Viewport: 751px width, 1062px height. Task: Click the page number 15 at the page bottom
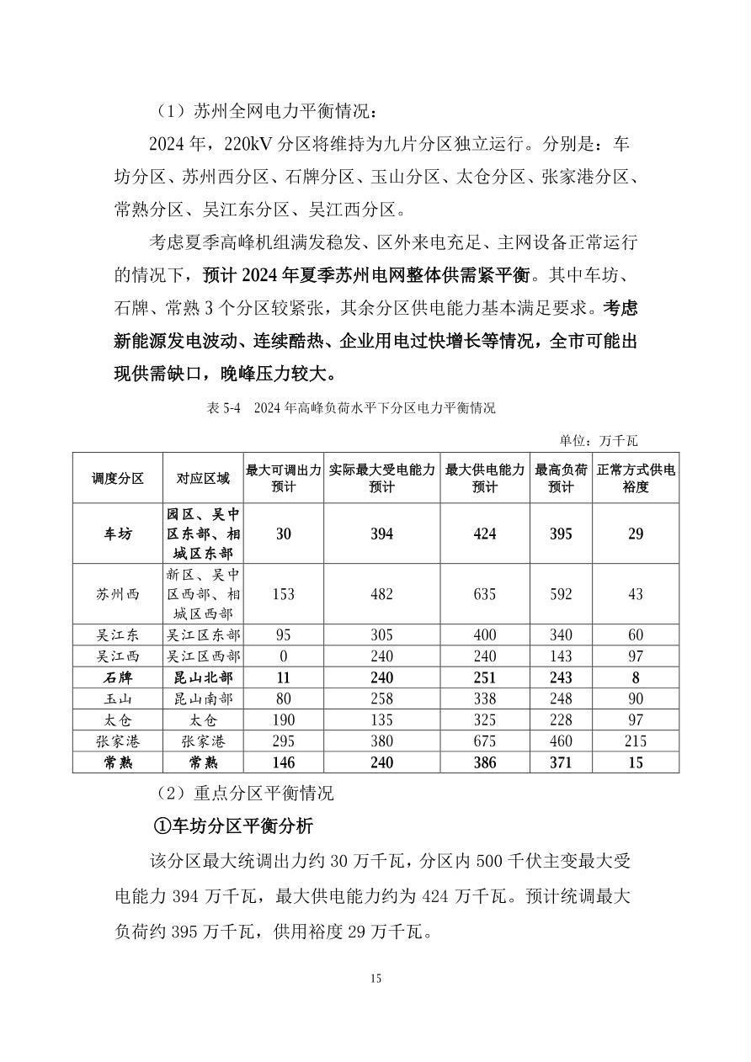[x=375, y=978]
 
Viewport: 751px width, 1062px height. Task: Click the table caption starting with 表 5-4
[x=350, y=408]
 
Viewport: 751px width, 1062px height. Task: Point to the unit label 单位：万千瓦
[x=599, y=440]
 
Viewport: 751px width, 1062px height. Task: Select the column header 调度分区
[x=118, y=478]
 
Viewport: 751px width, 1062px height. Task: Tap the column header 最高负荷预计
[x=561, y=478]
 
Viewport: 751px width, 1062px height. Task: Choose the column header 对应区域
[x=203, y=478]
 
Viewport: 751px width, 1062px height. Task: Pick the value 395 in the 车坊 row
[x=561, y=534]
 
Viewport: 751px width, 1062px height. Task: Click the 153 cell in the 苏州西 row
[x=283, y=594]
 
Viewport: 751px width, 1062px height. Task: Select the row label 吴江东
[x=118, y=635]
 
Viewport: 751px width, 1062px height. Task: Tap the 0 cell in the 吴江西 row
[x=283, y=656]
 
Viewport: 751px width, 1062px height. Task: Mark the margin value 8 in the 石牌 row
[x=636, y=677]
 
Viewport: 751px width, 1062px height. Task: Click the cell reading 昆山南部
[x=203, y=698]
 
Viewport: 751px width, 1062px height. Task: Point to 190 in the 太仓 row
[x=283, y=720]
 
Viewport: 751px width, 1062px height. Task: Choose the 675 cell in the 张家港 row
[x=484, y=741]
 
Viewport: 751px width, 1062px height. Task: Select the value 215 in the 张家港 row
[x=636, y=741]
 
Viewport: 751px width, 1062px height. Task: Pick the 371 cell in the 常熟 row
[x=561, y=762]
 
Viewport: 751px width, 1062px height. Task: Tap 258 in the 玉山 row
[x=381, y=698]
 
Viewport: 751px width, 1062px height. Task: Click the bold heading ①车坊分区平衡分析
[x=233, y=826]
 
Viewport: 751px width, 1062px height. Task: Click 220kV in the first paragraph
[x=251, y=144]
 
